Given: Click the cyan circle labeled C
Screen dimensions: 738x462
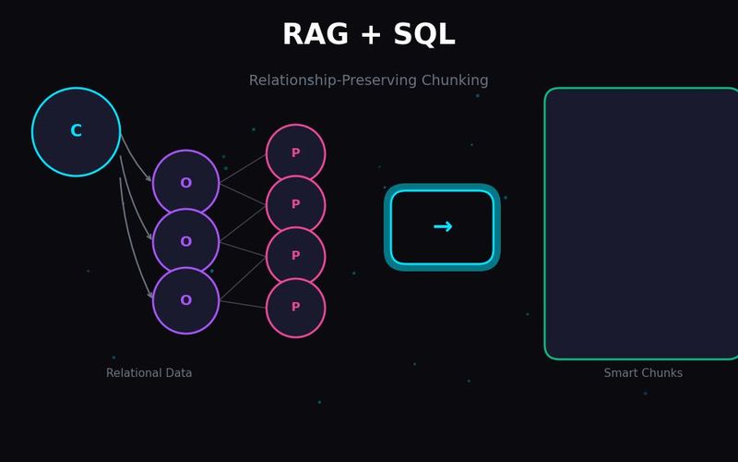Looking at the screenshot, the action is coord(76,132).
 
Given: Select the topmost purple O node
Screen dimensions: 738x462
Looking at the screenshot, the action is coord(186,183).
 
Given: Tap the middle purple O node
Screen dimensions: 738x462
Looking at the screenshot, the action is coord(186,242).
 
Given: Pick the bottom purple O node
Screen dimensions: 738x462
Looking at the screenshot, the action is coord(186,300).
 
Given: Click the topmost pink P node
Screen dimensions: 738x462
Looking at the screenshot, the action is coord(295,153).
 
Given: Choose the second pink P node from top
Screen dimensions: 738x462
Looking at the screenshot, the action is coord(295,204).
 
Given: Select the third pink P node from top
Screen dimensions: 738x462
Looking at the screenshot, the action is coord(295,256).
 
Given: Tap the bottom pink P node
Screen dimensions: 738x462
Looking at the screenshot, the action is coord(295,308).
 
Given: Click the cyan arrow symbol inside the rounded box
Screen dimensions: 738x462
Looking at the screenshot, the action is coord(443,226).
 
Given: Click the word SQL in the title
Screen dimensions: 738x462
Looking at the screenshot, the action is coord(424,35).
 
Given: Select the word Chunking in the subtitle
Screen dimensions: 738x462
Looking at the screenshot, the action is coord(455,80).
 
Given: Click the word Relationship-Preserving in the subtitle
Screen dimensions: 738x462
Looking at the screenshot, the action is coord(333,80).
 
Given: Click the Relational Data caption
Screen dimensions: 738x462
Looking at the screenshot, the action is coord(149,373).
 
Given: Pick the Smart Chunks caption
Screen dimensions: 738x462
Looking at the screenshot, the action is coord(643,373).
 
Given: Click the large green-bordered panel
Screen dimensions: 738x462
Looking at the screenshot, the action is coord(641,224).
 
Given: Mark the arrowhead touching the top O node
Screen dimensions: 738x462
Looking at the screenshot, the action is coord(149,178).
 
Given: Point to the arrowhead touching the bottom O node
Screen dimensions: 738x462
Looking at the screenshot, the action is coord(150,295).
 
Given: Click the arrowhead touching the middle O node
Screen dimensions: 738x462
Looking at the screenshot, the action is coord(149,237).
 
